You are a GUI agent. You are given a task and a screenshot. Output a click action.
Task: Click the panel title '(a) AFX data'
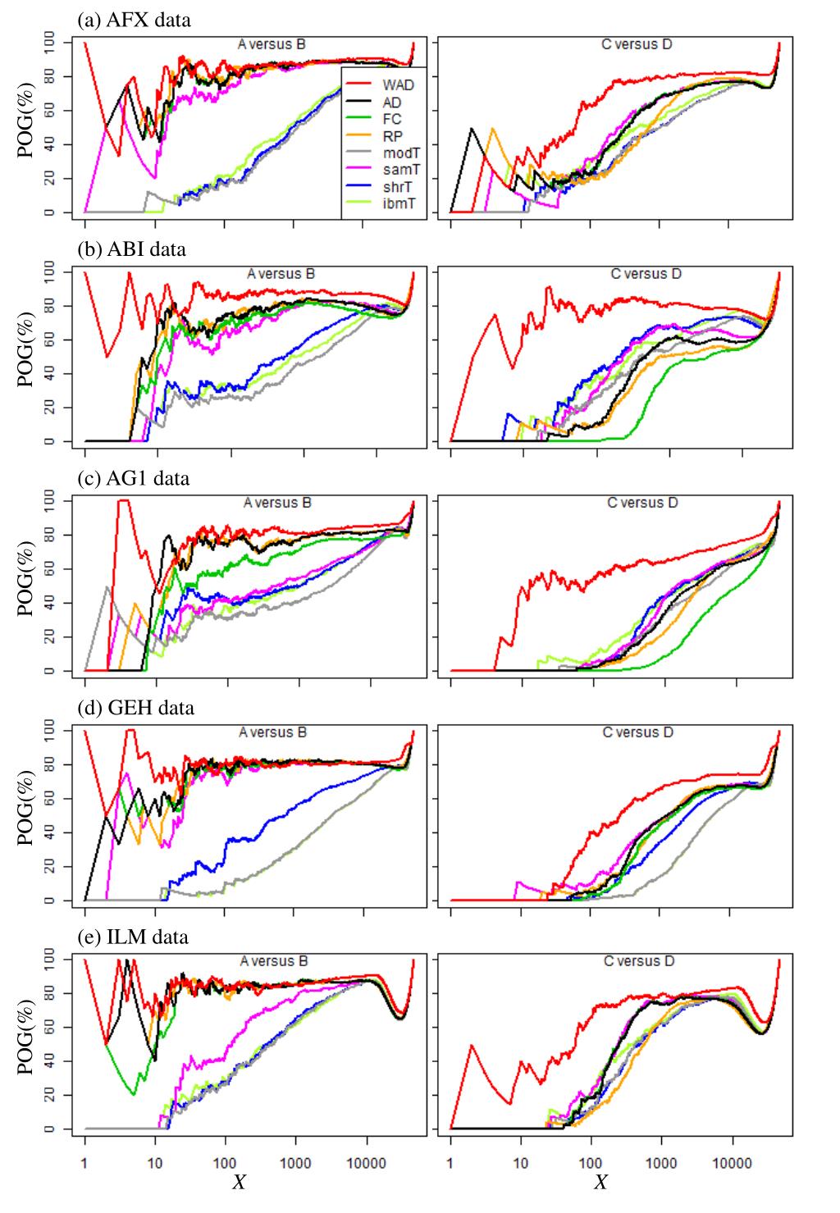coord(134,21)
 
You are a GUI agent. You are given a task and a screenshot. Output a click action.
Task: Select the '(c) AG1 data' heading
coord(134,478)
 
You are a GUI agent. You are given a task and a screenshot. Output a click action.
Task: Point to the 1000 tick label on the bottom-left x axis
coord(295,1162)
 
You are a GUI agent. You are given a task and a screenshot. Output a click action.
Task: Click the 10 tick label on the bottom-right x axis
coord(520,1162)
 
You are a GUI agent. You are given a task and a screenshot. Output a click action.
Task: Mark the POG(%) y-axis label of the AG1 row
coord(31,584)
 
